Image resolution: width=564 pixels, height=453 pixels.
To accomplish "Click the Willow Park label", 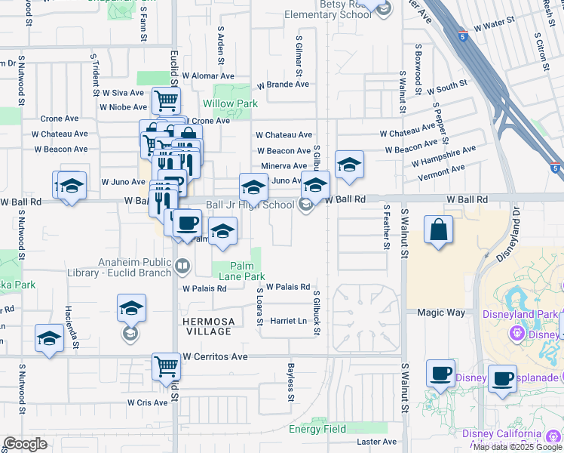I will pyautogui.click(x=231, y=103).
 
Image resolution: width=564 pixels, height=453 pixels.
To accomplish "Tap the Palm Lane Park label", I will pyautogui.click(x=241, y=272).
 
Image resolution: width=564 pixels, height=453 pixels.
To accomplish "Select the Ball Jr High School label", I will pyautogui.click(x=250, y=205).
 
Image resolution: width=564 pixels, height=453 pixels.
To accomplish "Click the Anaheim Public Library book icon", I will pyautogui.click(x=182, y=266).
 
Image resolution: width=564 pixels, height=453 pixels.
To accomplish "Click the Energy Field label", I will pyautogui.click(x=317, y=429).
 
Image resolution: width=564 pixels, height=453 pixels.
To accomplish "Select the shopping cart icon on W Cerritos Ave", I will pyautogui.click(x=167, y=366).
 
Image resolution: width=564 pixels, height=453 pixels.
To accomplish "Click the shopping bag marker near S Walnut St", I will pyautogui.click(x=438, y=230).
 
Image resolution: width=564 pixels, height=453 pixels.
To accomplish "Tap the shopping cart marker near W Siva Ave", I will pyautogui.click(x=166, y=100).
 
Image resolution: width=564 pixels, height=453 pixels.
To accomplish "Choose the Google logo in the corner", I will pyautogui.click(x=25, y=444).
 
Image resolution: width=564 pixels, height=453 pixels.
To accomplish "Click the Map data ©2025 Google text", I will pyautogui.click(x=517, y=447).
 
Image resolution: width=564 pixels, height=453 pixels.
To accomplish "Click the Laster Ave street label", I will pyautogui.click(x=372, y=442).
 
